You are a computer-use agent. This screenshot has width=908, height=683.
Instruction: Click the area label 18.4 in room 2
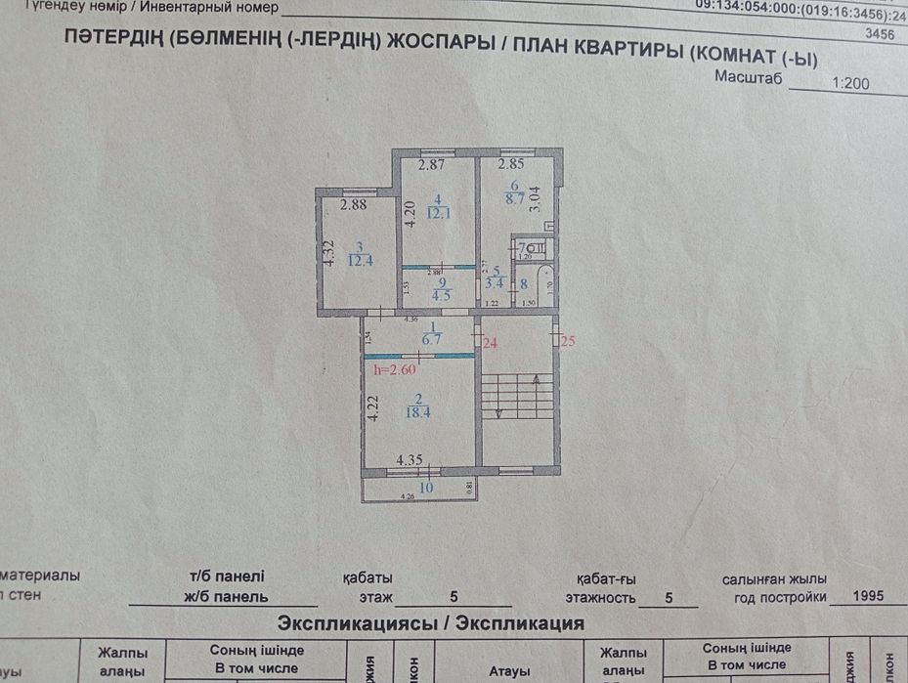point(419,413)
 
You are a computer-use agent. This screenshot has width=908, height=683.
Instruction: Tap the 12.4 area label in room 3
point(361,260)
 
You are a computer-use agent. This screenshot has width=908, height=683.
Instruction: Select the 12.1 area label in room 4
point(437,214)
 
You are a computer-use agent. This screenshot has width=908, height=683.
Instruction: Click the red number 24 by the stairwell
point(490,343)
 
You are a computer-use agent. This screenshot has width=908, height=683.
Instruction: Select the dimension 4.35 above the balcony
point(410,459)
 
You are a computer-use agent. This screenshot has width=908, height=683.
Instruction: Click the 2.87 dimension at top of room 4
point(431,165)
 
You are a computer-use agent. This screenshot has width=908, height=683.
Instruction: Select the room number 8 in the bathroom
point(523,285)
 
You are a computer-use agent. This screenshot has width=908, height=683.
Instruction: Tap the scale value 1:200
point(849,84)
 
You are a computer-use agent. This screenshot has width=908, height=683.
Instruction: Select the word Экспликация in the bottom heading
point(523,622)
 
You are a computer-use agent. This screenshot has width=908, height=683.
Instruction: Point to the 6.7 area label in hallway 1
point(432,340)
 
